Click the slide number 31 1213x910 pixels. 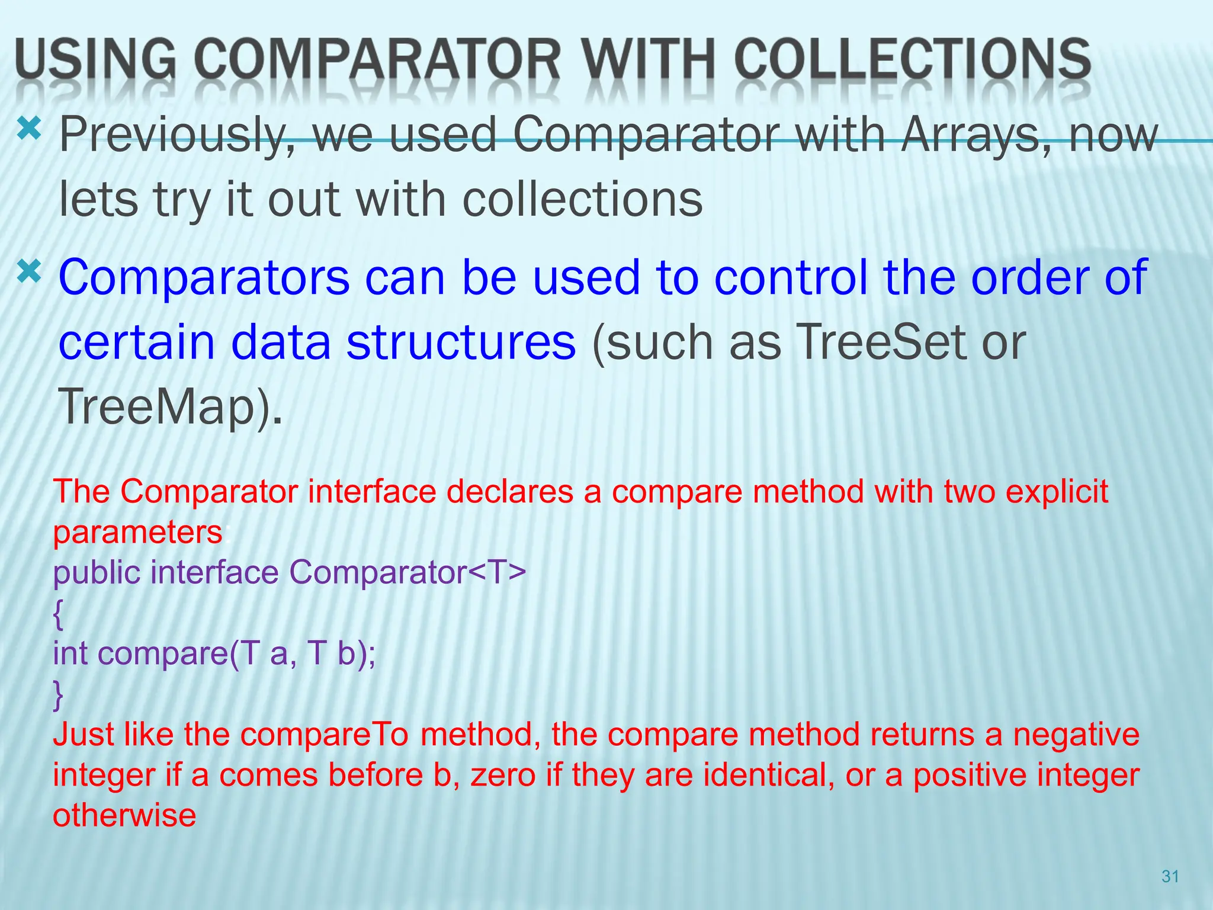[x=1170, y=876]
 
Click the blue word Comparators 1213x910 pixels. [x=204, y=277]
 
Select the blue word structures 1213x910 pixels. [x=461, y=342]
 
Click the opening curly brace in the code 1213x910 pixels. [x=57, y=614]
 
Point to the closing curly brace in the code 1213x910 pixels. [x=57, y=694]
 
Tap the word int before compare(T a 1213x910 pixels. [x=70, y=653]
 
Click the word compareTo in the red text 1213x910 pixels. [x=325, y=735]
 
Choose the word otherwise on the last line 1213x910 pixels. [x=124, y=815]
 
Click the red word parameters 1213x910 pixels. [x=137, y=532]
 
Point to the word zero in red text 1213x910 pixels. [x=503, y=775]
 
